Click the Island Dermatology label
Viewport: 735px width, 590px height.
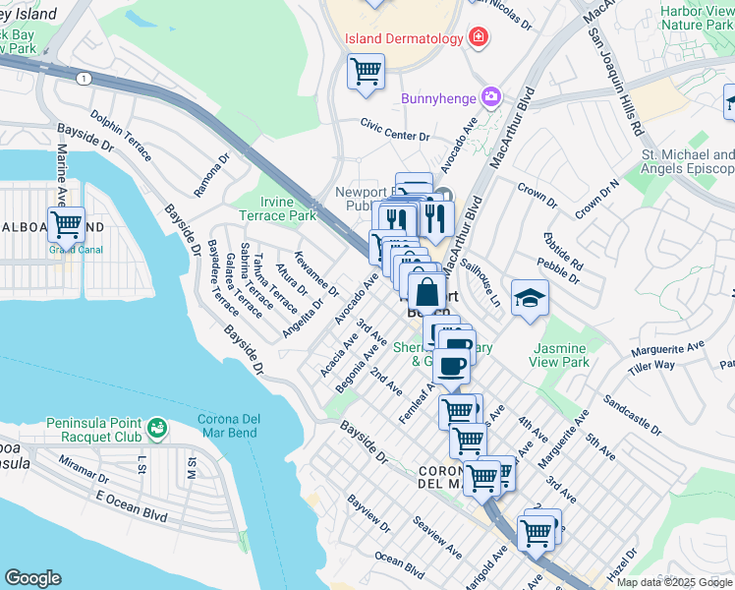[x=403, y=38]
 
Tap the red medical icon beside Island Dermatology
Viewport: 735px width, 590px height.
[x=478, y=37]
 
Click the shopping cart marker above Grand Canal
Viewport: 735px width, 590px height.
[x=66, y=223]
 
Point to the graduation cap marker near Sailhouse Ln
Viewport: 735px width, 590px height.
[x=530, y=297]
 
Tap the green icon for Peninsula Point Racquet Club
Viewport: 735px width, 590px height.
[x=156, y=428]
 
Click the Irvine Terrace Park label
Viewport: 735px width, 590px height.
[x=279, y=207]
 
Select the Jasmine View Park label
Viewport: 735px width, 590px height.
[x=560, y=355]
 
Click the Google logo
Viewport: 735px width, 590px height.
[x=32, y=578]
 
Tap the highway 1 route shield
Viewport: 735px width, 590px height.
[x=85, y=79]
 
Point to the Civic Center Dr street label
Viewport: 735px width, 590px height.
[x=395, y=130]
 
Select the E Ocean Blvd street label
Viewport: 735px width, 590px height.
[x=127, y=508]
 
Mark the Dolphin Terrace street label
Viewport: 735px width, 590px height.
[x=121, y=136]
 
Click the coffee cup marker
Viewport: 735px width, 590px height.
[x=452, y=365]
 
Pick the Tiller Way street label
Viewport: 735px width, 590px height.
[x=651, y=365]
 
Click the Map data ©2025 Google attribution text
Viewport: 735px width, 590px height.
[x=673, y=581]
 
